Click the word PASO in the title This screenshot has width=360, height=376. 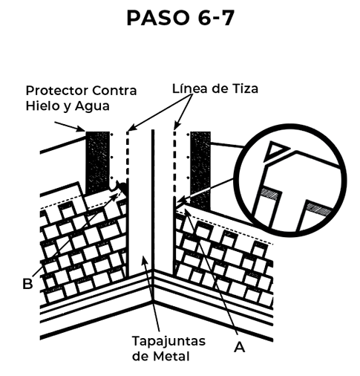point(157,18)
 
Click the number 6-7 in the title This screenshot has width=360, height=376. point(216,18)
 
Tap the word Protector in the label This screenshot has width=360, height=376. point(57,91)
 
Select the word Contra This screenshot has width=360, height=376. point(114,91)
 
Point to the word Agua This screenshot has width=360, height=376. point(92,106)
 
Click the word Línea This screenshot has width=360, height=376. point(189,88)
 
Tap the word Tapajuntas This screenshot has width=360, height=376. point(168,341)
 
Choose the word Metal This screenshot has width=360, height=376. point(171,356)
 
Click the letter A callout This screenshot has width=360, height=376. point(240,347)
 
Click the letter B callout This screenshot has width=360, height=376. point(27,284)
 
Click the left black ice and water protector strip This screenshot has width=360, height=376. point(97,162)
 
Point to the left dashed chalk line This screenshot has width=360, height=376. point(128,156)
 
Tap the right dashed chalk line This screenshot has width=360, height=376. point(174,163)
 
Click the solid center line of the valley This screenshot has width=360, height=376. point(153,201)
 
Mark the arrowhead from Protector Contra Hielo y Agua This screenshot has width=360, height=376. point(81,129)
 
